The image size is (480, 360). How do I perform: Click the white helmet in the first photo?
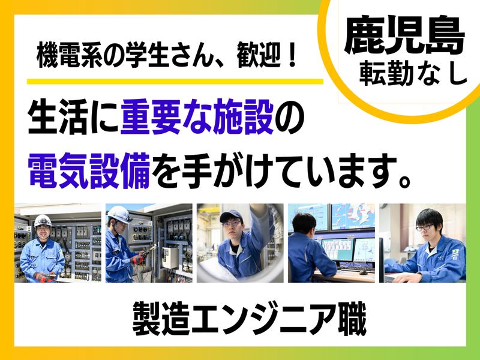coord(43,220)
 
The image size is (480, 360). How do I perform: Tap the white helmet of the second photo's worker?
coord(119,213)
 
